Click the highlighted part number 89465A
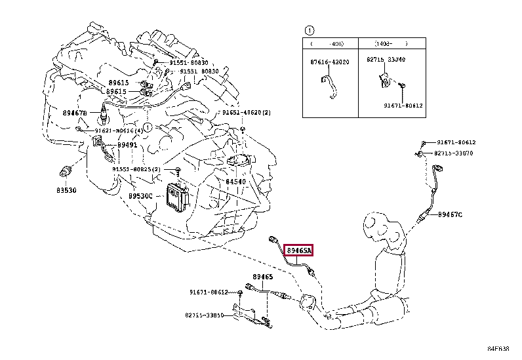pyautogui.click(x=299, y=250)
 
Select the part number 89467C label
pyautogui.click(x=451, y=214)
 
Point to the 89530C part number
pyautogui.click(x=140, y=195)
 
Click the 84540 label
pyautogui.click(x=236, y=182)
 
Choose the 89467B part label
pyautogui.click(x=75, y=113)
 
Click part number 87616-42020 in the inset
pyautogui.click(x=330, y=62)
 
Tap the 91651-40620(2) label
pyautogui.click(x=246, y=113)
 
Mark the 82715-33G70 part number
pyautogui.click(x=453, y=153)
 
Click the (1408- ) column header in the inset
pyautogui.click(x=391, y=43)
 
